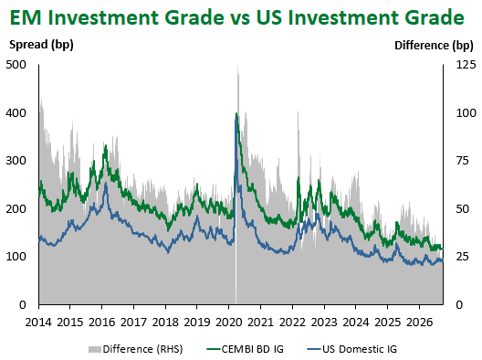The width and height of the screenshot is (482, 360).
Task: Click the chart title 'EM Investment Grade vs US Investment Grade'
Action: coord(237,17)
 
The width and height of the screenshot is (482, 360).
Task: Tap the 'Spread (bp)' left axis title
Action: coord(41,45)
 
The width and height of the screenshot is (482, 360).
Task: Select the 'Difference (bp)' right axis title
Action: coord(434,46)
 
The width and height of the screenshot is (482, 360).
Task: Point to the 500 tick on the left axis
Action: coord(16,65)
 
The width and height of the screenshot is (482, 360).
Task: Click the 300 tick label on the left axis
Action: coord(16,161)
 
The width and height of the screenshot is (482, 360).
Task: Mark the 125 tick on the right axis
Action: coord(466,65)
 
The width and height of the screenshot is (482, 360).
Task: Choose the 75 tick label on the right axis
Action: coord(463,161)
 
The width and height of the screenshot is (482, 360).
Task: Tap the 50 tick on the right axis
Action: coord(463,209)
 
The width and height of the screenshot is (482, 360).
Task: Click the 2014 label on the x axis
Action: coord(38,323)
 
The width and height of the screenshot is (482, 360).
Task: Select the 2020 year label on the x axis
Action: coord(229,323)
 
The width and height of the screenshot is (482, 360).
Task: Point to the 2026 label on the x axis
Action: coord(419,323)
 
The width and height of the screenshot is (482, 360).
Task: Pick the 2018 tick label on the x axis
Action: coord(165,323)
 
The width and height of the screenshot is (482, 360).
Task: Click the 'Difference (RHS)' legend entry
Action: coord(135,349)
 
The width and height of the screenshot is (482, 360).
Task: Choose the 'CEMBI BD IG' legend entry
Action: coord(245,349)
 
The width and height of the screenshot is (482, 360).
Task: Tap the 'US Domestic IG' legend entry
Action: coord(352,349)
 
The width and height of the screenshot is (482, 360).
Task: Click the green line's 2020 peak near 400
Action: coord(236,113)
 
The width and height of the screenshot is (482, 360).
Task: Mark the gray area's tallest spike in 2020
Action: coord(237,65)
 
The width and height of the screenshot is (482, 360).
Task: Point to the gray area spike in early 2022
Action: coord(298,111)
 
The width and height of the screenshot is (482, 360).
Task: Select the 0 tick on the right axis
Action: coord(459,305)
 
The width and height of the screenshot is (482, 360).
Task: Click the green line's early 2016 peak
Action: coord(106,145)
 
